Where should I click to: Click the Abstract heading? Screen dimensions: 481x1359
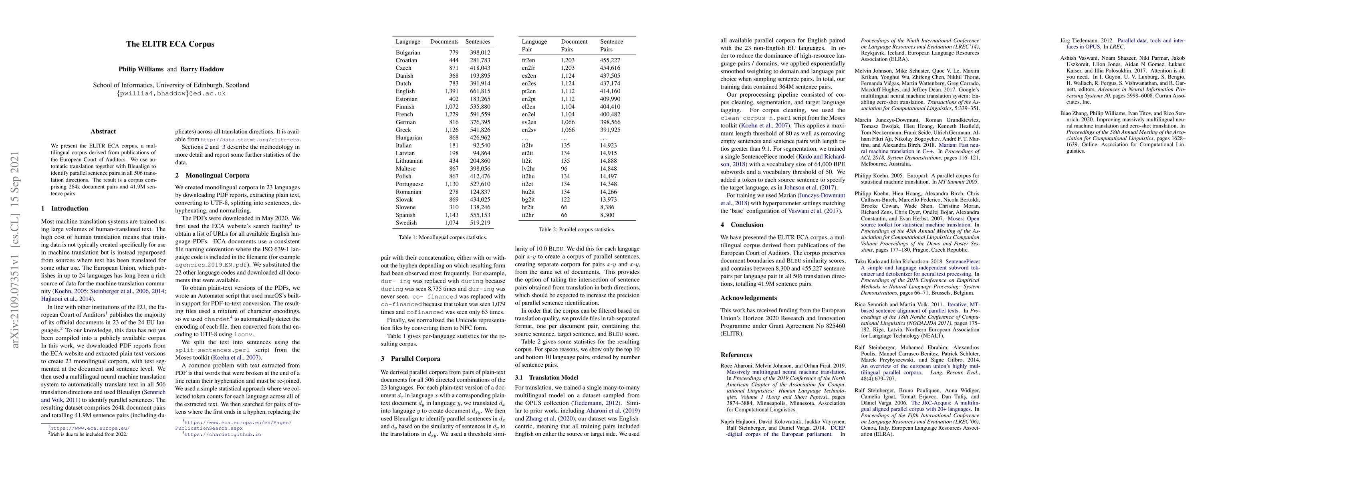click(x=103, y=131)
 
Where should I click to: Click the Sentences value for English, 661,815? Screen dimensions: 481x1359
click(x=478, y=91)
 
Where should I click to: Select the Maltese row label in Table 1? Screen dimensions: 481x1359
click(x=406, y=168)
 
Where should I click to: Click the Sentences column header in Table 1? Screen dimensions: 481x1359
click(x=478, y=42)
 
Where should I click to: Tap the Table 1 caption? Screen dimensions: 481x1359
click(x=443, y=238)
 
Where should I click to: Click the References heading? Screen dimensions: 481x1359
click(x=736, y=355)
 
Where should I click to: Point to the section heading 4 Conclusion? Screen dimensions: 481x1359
click(x=742, y=225)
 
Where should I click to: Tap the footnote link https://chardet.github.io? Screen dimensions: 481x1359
click(x=222, y=435)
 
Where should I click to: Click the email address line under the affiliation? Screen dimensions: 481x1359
click(x=171, y=93)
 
